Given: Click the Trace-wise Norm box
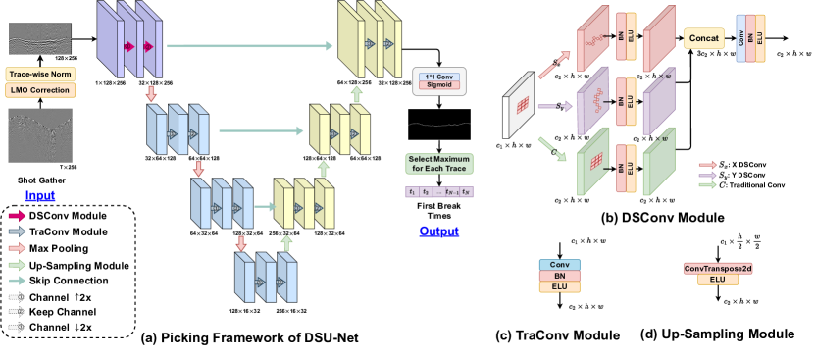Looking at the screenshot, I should pos(41,74).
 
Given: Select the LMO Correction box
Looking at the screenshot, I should pos(41,90).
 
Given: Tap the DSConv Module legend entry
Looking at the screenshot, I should pos(69,215).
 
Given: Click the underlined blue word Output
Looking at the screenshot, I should pos(438,231).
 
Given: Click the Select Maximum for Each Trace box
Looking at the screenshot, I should pos(439,163).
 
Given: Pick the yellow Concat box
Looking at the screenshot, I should pos(704,38).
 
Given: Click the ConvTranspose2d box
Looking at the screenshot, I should pos(716,268).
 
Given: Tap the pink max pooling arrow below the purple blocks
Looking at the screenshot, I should pos(150,94).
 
